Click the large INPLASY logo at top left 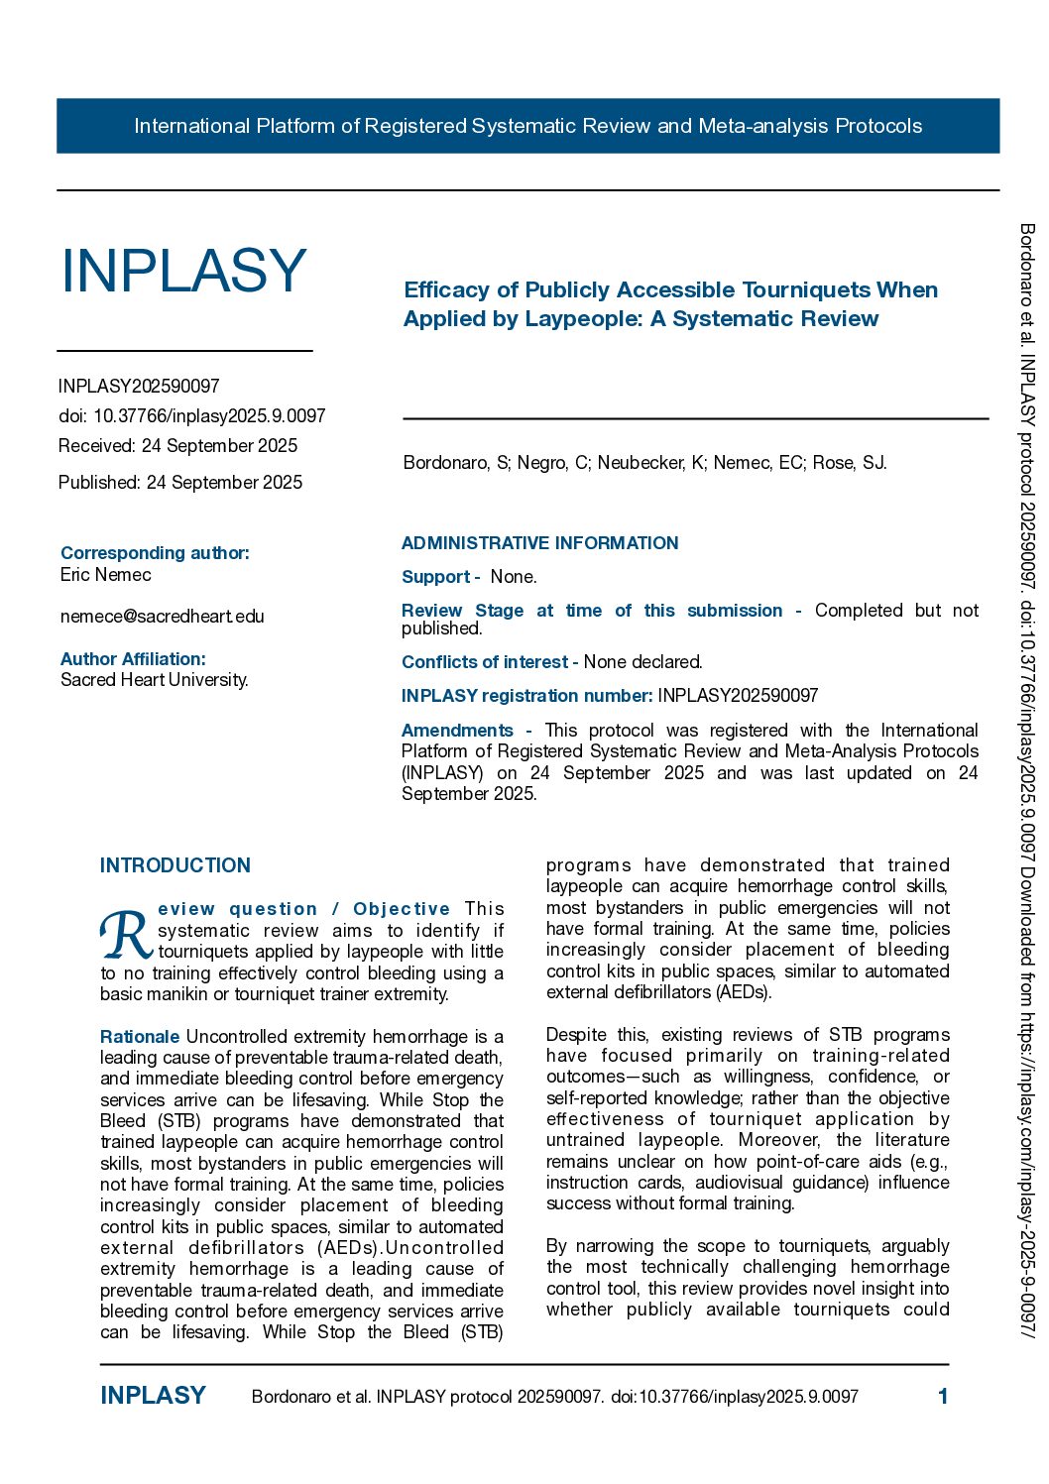183,271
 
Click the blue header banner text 527,126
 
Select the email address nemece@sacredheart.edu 163,617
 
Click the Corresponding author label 155,553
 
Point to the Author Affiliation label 133,659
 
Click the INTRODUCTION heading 175,865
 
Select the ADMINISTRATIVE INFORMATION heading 540,543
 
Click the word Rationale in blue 140,1037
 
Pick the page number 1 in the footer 943,1397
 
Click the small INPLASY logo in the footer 153,1396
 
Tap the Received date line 177,446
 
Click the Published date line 180,483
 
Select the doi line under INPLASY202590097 192,416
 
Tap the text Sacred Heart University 155,680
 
